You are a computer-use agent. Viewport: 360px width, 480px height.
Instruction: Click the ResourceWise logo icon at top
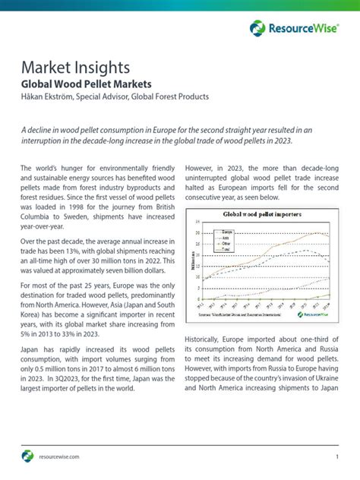point(257,29)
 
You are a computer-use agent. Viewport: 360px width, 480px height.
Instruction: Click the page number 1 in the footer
point(336,456)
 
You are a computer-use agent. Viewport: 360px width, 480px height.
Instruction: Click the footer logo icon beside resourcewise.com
point(27,456)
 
